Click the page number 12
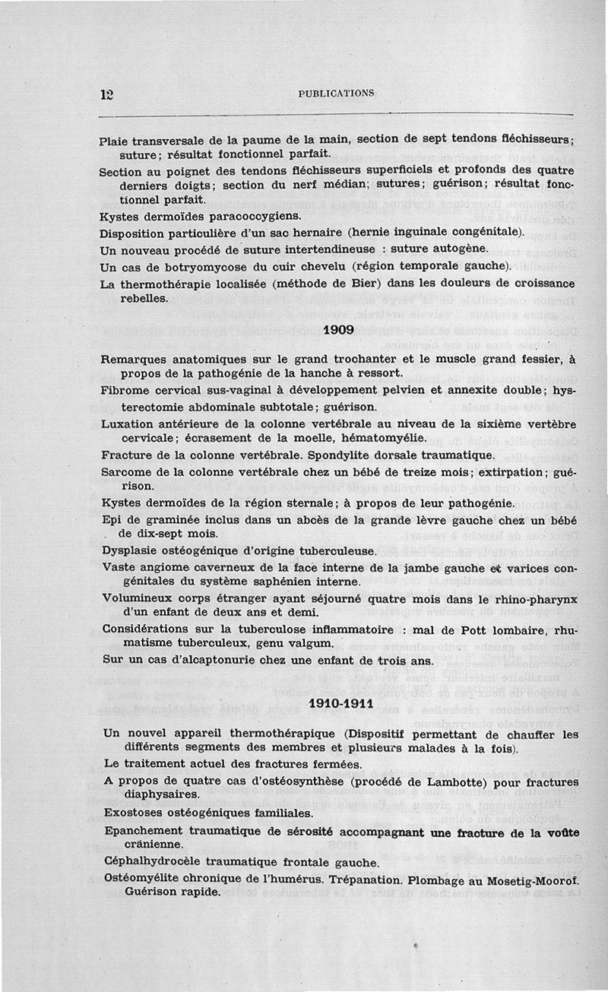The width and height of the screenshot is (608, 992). pos(106,94)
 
